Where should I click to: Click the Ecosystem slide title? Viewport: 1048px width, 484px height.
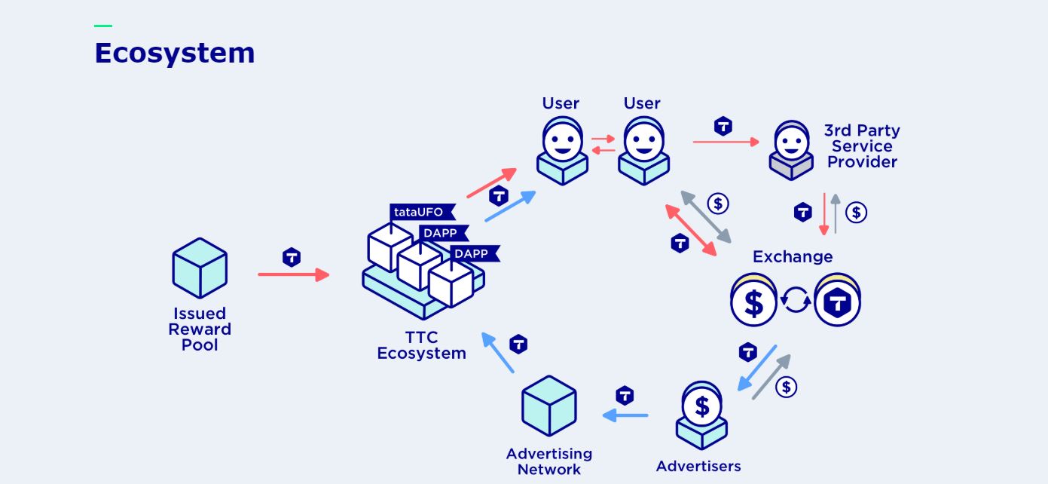tap(174, 54)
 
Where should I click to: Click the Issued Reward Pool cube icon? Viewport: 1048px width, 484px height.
tap(200, 268)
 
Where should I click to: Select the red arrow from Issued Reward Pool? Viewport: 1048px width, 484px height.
tap(293, 274)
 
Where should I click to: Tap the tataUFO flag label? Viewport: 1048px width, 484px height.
tap(418, 212)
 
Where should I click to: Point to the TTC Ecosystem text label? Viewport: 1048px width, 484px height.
tap(421, 345)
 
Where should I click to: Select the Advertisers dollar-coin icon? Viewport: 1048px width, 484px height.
tap(701, 408)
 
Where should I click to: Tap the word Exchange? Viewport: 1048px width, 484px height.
tap(793, 257)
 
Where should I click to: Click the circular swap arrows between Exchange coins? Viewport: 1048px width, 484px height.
tap(796, 301)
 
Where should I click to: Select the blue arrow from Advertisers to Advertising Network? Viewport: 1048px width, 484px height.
tap(625, 415)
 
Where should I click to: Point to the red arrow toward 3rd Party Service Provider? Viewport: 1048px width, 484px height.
tap(726, 142)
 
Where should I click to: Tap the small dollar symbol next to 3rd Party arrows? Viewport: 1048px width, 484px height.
tap(856, 213)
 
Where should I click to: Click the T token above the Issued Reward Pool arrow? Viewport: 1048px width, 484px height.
tap(292, 257)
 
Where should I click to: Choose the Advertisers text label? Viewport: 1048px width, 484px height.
tap(698, 466)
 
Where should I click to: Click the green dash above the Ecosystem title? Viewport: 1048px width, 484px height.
tap(103, 26)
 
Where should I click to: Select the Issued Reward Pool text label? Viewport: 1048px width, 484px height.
tap(200, 329)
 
